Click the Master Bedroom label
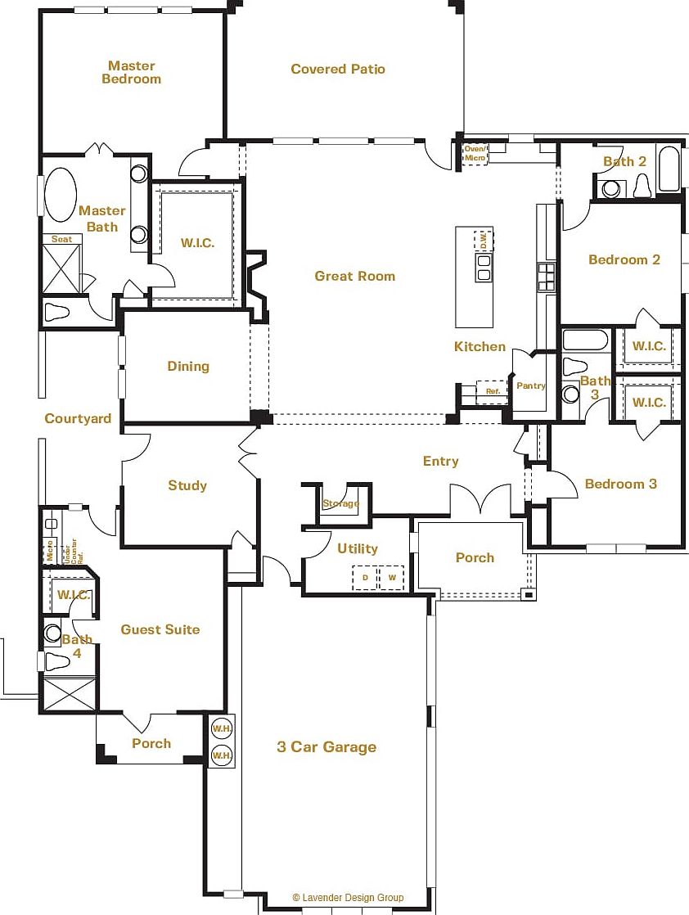coord(131,73)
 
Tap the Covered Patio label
coord(337,70)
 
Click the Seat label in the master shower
coord(61,240)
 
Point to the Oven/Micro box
coord(475,153)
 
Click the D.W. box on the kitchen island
coord(484,241)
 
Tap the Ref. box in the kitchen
coord(493,391)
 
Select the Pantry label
coord(531,385)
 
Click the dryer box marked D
coord(365,578)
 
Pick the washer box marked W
coord(392,578)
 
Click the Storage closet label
coord(340,503)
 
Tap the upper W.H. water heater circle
coord(221,728)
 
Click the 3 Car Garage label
coord(326,747)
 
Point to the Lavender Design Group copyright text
coord(348,898)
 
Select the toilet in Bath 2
coord(642,187)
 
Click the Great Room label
coord(354,277)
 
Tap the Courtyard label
coord(78,419)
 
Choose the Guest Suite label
coord(160,629)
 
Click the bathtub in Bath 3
coord(585,339)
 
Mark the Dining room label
coord(188,367)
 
